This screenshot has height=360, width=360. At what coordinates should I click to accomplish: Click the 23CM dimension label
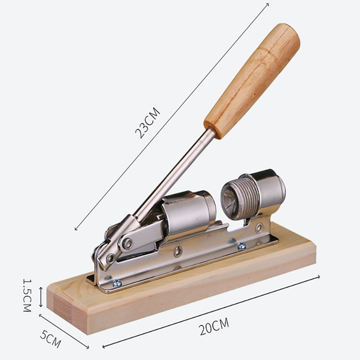147,123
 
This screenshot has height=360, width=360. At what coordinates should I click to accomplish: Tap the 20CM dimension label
214,326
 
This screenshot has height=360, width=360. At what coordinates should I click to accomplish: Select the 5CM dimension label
51,339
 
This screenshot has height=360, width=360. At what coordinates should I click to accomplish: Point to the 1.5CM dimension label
27,295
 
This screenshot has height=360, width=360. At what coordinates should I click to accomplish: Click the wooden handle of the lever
252,81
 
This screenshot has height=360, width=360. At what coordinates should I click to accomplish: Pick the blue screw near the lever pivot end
118,283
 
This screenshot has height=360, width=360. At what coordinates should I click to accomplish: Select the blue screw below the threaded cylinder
241,246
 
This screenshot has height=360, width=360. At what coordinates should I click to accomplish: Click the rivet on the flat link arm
127,244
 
